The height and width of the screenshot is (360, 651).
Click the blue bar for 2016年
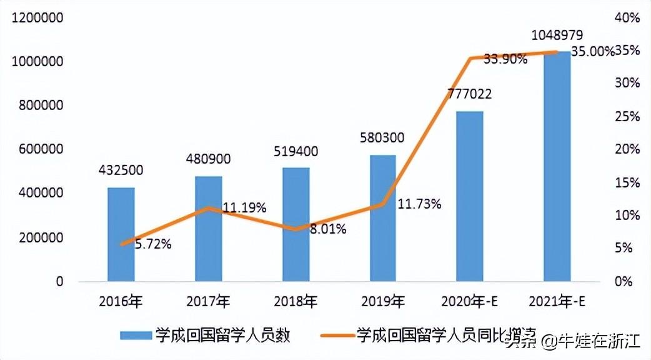(121, 234)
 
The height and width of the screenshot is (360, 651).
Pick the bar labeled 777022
(470, 196)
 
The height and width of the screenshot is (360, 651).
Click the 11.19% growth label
(244, 207)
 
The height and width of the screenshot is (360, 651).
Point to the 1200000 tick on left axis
(39, 19)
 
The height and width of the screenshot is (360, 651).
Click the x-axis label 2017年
(208, 302)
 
